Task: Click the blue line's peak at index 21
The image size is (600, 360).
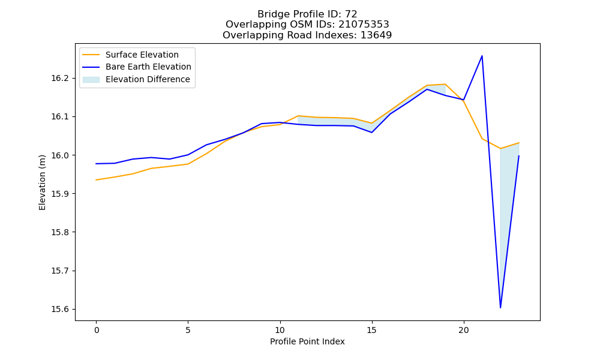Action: (482, 56)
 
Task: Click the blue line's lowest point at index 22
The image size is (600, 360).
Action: (500, 308)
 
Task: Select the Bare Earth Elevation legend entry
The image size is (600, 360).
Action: (137, 67)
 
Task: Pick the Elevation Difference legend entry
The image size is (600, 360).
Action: (136, 79)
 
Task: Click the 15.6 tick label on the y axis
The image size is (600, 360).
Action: (59, 309)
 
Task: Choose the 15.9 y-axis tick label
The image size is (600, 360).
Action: (59, 194)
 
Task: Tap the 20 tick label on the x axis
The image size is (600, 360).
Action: (464, 330)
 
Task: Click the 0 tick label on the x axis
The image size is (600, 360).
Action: (97, 330)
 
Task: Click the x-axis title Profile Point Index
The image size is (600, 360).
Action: (307, 341)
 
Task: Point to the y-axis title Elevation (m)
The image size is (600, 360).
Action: (42, 182)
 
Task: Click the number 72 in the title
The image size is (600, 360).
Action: (351, 14)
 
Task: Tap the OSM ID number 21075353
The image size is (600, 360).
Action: (364, 25)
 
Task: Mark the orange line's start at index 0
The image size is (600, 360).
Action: (96, 180)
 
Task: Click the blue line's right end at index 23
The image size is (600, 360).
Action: (519, 156)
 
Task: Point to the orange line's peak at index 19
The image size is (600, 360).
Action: (445, 84)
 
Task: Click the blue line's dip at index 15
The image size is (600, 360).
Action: (372, 133)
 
